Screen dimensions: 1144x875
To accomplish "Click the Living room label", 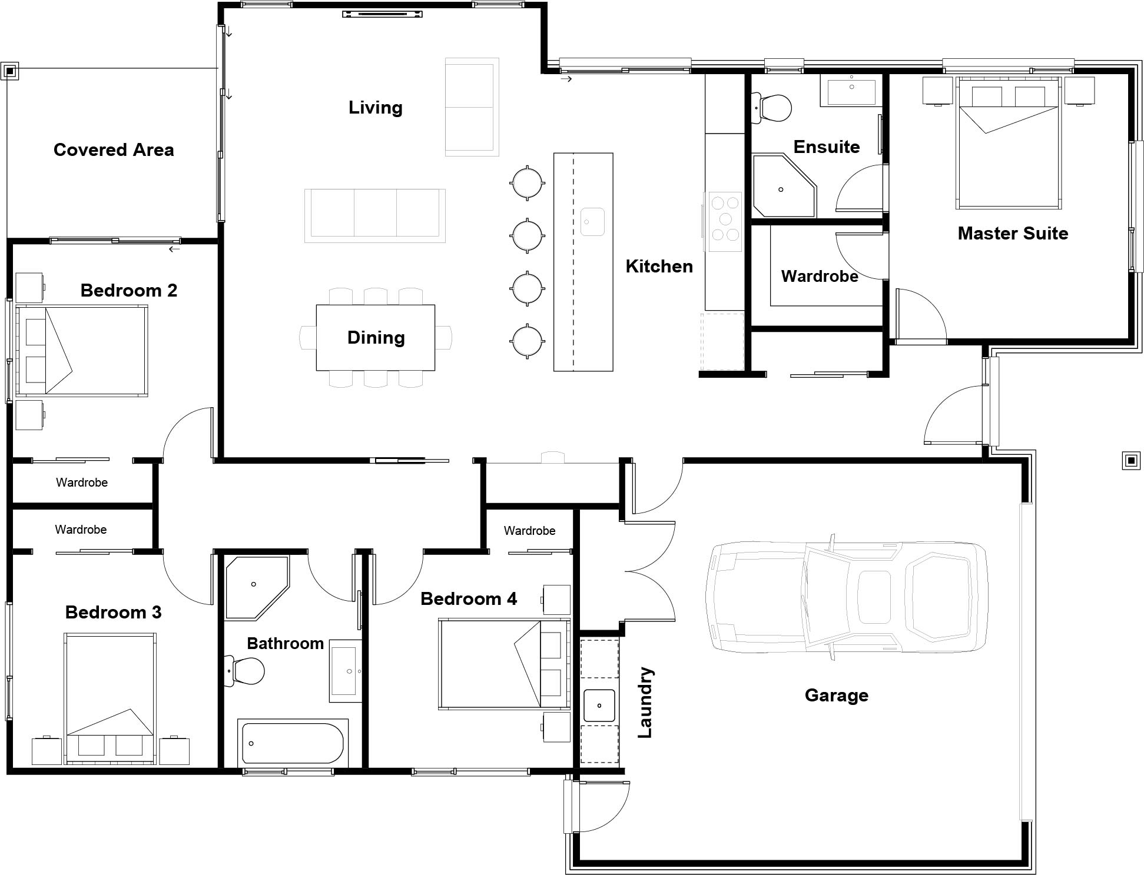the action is (x=376, y=108).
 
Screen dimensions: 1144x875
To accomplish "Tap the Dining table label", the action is (x=376, y=338).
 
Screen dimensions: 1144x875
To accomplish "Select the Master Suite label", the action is (x=1013, y=234).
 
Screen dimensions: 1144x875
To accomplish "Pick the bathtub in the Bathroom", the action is (x=293, y=743).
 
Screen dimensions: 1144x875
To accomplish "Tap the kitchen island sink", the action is (x=592, y=222).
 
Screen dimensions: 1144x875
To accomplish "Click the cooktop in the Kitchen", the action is (x=725, y=221).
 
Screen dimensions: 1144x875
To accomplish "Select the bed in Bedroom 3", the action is (x=110, y=698).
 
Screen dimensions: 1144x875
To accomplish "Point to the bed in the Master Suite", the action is (x=1009, y=143).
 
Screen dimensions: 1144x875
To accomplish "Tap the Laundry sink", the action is (x=599, y=706).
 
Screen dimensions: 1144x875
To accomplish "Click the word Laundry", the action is (x=645, y=703).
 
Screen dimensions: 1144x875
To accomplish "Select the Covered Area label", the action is (x=114, y=150).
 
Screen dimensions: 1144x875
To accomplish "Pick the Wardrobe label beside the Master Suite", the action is (x=820, y=277).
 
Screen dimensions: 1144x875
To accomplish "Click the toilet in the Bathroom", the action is (x=246, y=671).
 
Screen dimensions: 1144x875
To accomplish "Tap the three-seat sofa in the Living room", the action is (x=375, y=215).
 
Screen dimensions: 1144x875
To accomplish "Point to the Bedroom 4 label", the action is (x=469, y=599).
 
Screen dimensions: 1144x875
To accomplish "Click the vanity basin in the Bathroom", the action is (x=346, y=671).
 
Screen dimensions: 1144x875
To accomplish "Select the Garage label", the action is (x=837, y=696).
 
